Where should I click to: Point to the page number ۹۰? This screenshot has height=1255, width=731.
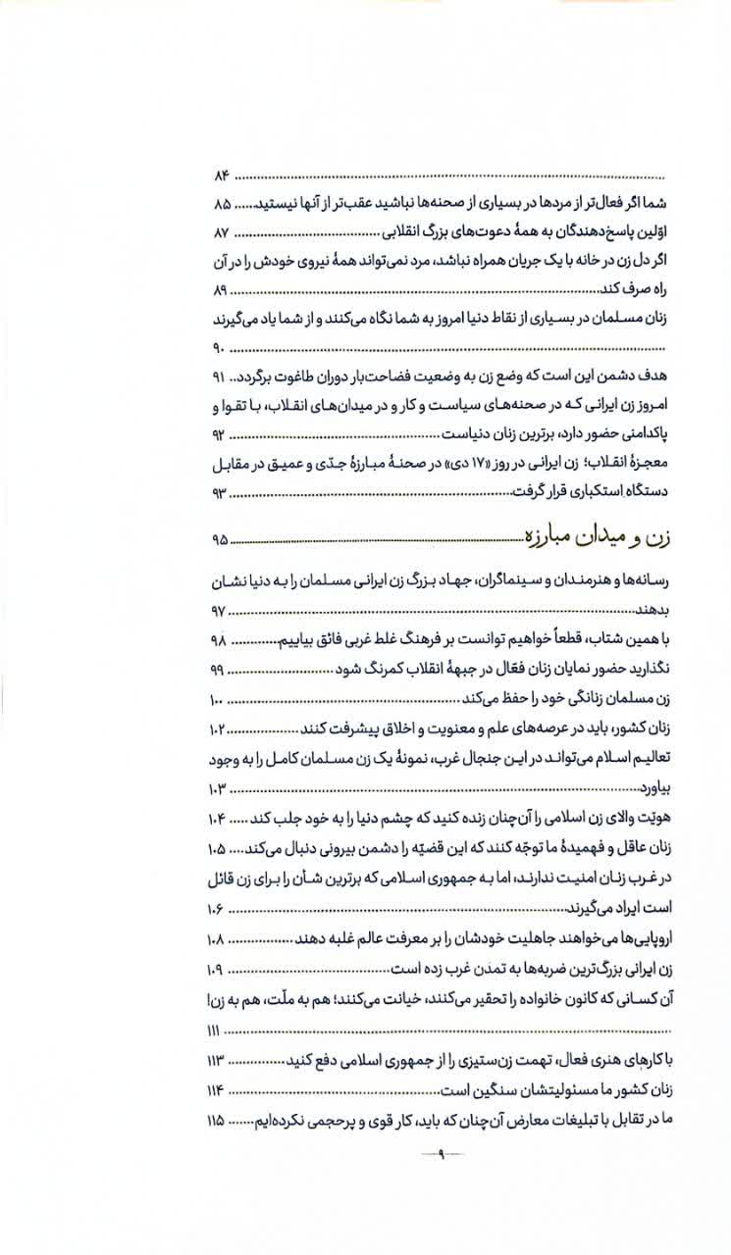219,348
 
